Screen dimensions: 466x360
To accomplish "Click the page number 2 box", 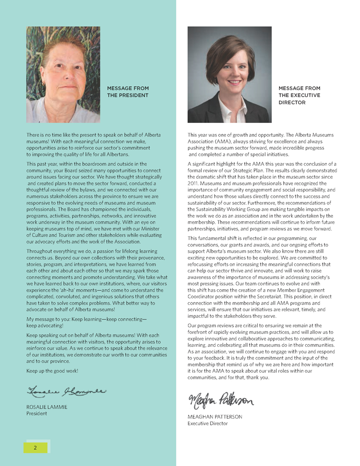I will point(36,447).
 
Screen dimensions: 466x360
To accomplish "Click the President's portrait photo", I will point(63,75).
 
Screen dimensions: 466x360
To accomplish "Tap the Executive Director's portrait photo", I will point(229,75).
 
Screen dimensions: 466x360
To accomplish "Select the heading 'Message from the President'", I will point(128,91).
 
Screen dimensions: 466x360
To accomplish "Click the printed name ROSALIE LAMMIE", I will point(47,407).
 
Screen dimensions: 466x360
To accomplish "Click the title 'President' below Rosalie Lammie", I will point(37,413).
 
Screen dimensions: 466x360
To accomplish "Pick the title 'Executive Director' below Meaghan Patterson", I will point(207,423).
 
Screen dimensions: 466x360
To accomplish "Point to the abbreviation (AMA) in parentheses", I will point(227,141).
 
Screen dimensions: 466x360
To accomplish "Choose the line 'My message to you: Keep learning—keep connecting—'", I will point(87,319).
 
